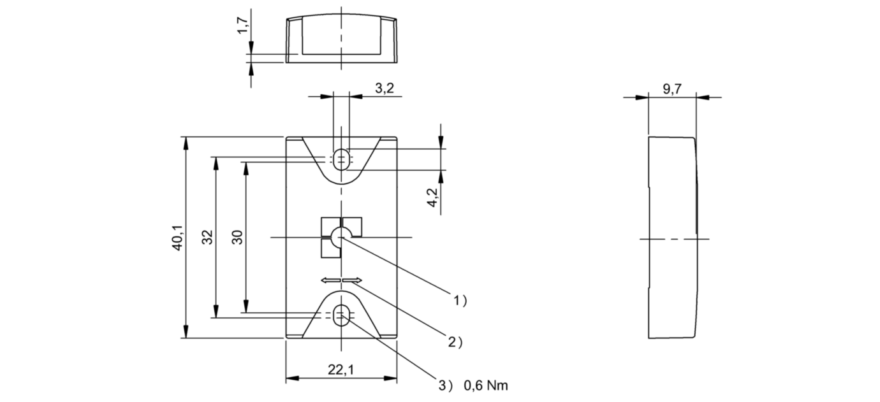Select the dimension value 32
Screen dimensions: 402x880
pos(207,238)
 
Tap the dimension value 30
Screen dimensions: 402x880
pos(236,238)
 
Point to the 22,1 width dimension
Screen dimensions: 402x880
pos(341,370)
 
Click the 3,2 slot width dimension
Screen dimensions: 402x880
pos(384,89)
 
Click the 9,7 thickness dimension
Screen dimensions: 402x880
pos(671,89)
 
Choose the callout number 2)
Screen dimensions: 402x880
pos(455,342)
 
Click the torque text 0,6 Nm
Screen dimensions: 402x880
pos(486,385)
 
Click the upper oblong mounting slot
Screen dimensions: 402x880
pos(342,157)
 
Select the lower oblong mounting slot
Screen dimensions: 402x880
pos(342,314)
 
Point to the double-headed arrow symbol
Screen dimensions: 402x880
pos(341,280)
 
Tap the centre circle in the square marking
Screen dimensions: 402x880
pos(337,238)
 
